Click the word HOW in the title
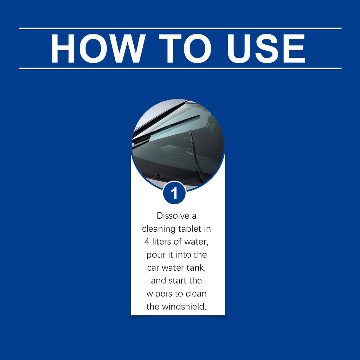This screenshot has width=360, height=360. (x=98, y=49)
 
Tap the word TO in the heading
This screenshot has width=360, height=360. (x=185, y=49)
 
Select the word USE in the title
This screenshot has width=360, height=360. (x=266, y=49)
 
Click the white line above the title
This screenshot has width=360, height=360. (x=180, y=28)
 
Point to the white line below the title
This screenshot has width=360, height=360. (x=180, y=69)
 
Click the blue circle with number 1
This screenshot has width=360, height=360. (x=174, y=193)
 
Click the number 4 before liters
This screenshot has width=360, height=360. (x=147, y=242)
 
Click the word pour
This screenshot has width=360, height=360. (x=155, y=255)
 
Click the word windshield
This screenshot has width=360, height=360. (x=184, y=307)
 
